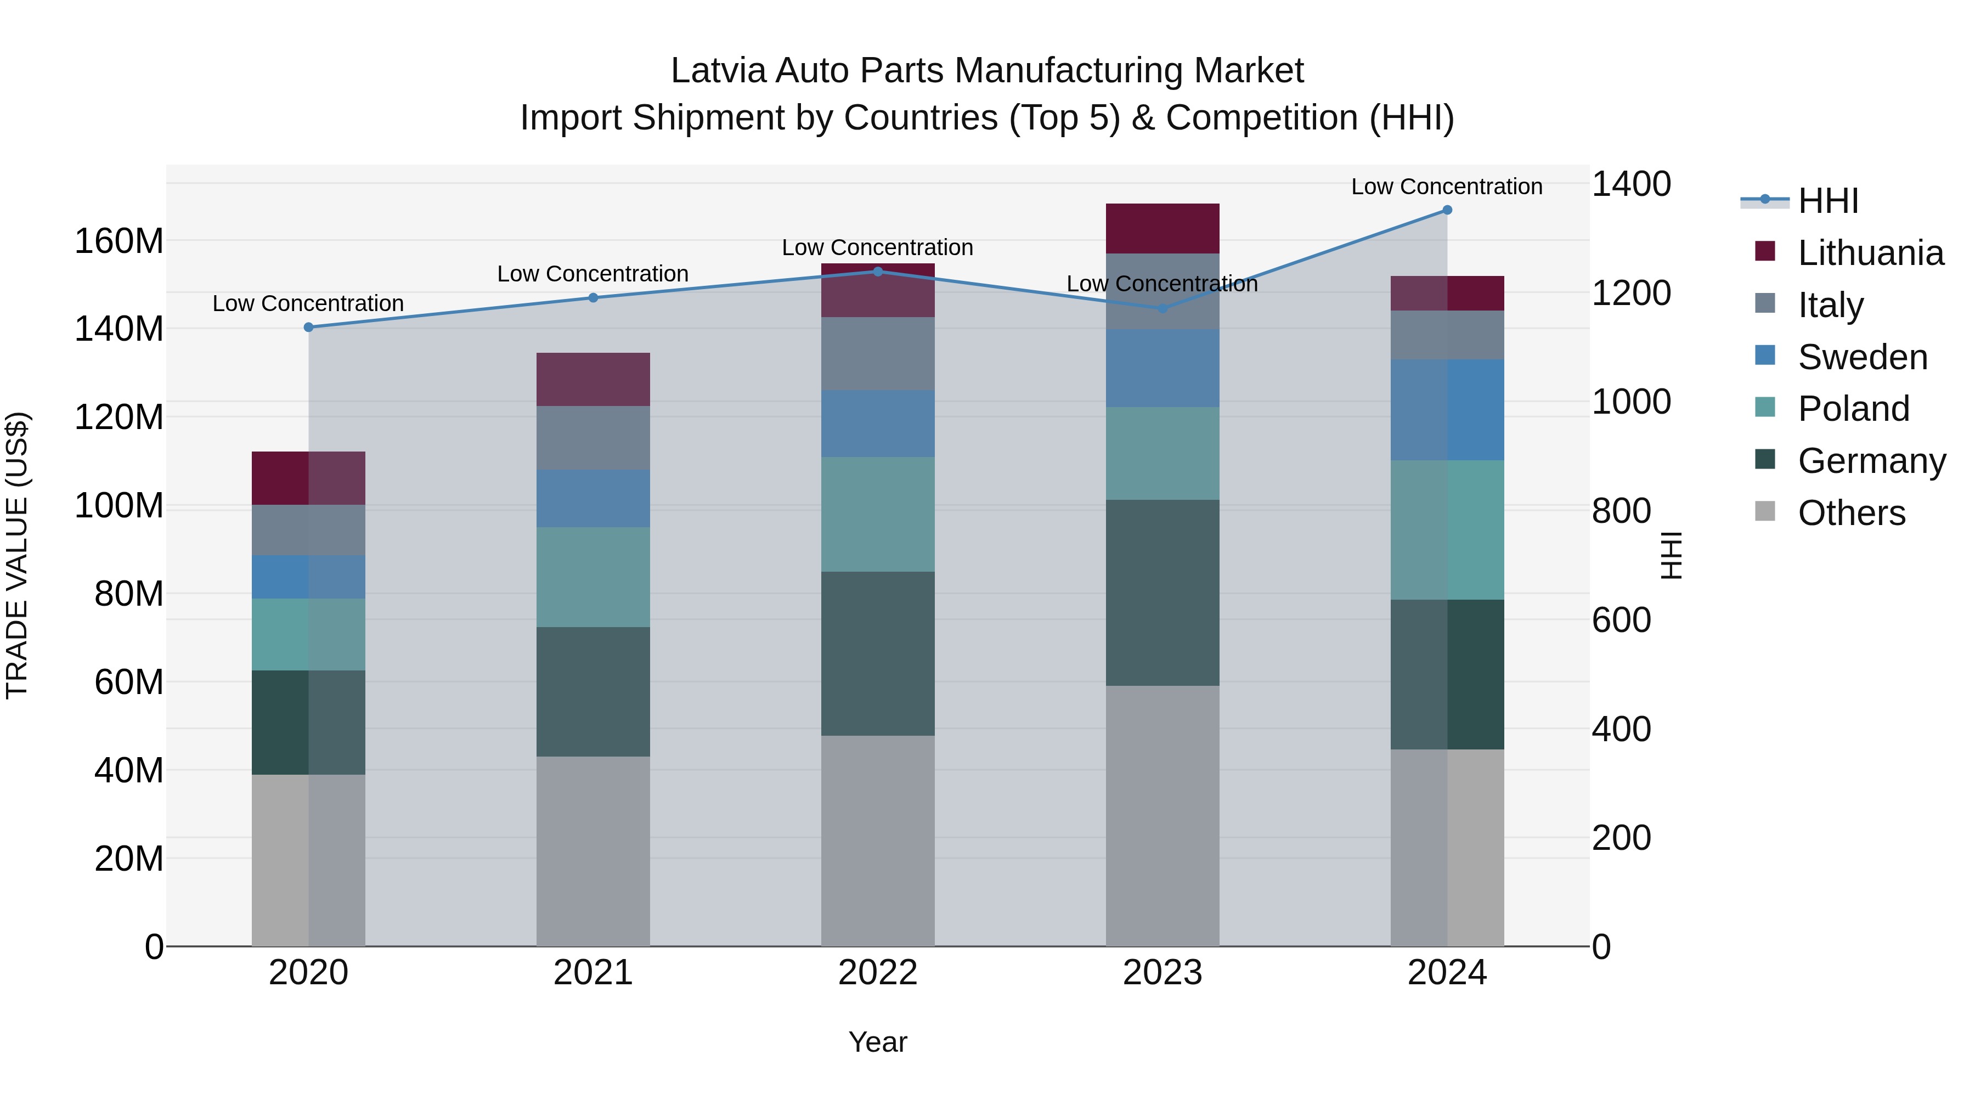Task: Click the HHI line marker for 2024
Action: [x=1447, y=210]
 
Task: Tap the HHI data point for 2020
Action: [x=308, y=328]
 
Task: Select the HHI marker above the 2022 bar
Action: [x=878, y=272]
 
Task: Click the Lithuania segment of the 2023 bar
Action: [x=1163, y=228]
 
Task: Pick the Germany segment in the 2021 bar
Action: [x=592, y=692]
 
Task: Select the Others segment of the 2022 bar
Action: [x=878, y=841]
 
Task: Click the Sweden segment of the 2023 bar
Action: [x=1163, y=368]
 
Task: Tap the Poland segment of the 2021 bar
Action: [x=592, y=577]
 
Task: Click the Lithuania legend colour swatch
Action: [x=1765, y=251]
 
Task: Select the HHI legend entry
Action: [x=1828, y=201]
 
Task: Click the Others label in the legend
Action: [x=1852, y=513]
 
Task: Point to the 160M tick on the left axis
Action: [x=119, y=241]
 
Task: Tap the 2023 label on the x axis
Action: [x=1163, y=973]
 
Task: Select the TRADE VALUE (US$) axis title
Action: [x=17, y=555]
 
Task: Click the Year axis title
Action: [x=878, y=1042]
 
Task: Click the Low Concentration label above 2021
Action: [x=592, y=274]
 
